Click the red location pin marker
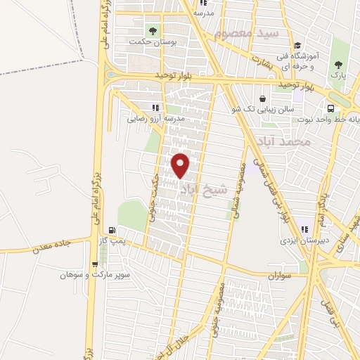coord(181,165)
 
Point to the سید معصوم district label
coord(247,33)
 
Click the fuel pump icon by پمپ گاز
coord(112,231)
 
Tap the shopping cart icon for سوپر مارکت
coord(95,264)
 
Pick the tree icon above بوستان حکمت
coord(152,30)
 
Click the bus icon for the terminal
coord(330,108)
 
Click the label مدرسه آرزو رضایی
coord(155,119)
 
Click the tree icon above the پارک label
coord(338,65)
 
